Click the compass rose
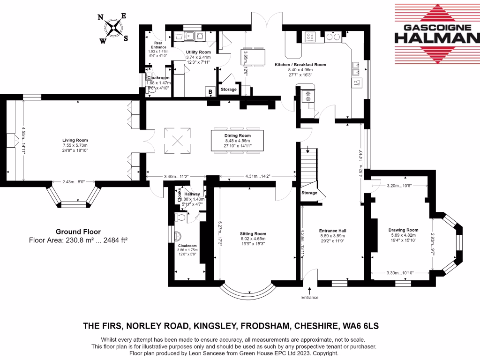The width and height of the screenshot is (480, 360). click(113, 29)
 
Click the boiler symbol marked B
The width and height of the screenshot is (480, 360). click(210, 91)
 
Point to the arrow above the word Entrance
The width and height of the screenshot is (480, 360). click(309, 292)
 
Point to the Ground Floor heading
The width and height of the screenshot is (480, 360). click(78, 231)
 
